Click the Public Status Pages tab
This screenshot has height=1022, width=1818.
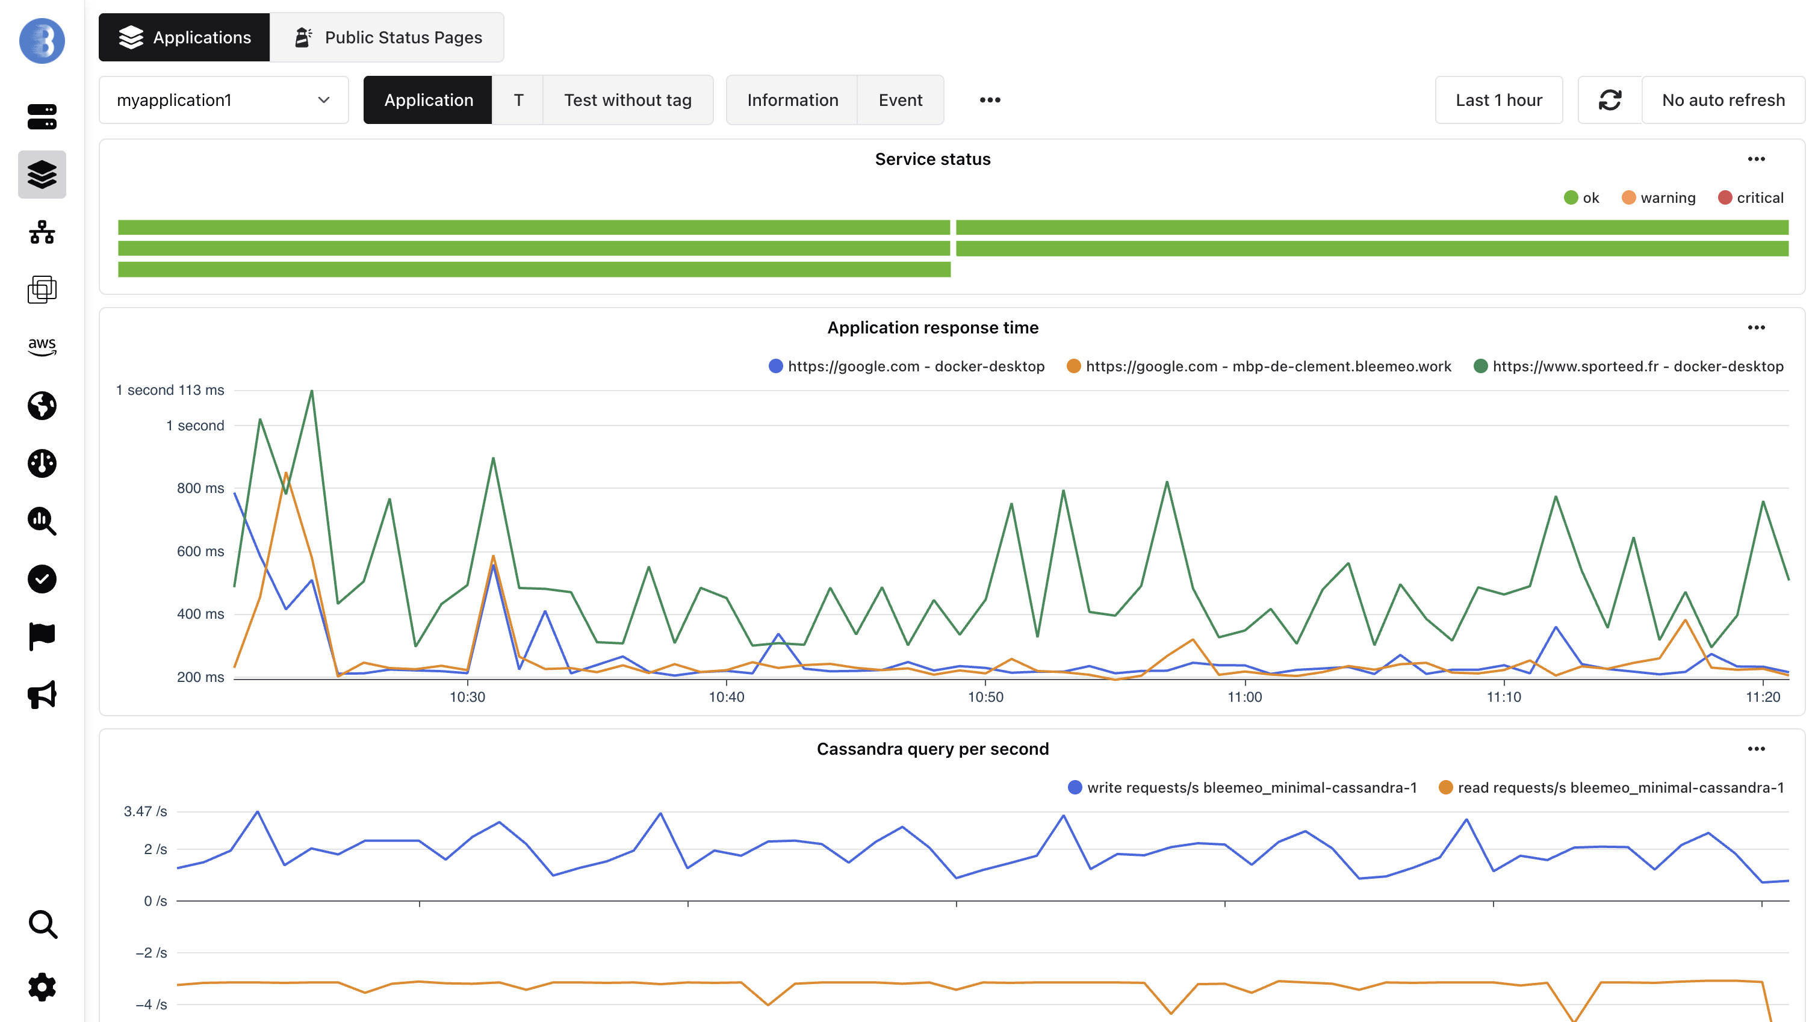click(388, 37)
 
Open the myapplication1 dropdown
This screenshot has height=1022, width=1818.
click(223, 101)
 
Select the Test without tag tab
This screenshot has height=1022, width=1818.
click(627, 101)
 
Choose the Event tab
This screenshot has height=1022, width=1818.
click(900, 101)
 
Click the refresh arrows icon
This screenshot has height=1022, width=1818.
click(1609, 101)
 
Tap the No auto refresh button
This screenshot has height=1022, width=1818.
click(1723, 101)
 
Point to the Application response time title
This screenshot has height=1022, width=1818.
click(932, 327)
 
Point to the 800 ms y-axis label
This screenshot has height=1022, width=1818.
click(200, 488)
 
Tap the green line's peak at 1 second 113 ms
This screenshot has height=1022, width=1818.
click(311, 391)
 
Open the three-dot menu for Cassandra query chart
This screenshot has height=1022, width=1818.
click(1756, 749)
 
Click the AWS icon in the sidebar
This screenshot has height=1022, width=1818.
click(42, 346)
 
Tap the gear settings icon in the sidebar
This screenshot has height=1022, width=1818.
click(42, 986)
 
